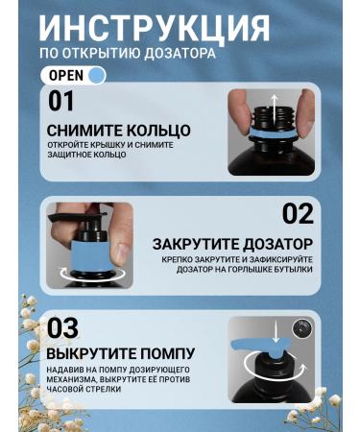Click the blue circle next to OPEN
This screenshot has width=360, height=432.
click(x=96, y=75)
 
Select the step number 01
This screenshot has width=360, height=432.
click(x=60, y=101)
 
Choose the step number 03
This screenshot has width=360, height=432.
click(x=62, y=326)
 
